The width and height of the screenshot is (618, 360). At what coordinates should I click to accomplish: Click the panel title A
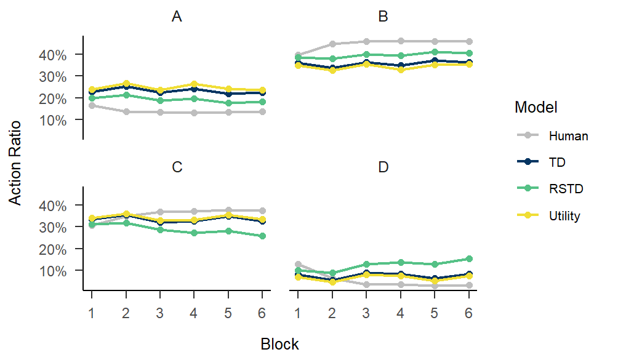coord(177,17)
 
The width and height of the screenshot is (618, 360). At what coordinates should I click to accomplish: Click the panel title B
coord(383,17)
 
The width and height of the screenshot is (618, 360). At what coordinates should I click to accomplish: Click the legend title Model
coord(536,108)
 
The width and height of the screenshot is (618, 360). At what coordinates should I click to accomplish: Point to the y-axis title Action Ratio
coord(15,163)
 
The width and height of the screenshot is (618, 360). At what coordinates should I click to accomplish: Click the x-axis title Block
coord(279,344)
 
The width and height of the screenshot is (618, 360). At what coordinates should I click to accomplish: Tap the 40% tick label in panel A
coord(53,54)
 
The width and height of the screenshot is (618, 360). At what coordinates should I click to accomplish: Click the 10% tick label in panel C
coord(53,270)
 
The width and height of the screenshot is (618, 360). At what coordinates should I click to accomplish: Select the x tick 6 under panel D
coord(468,311)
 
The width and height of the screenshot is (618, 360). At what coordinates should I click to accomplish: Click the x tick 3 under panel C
coord(160,311)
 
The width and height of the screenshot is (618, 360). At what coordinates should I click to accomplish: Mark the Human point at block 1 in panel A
coord(92,105)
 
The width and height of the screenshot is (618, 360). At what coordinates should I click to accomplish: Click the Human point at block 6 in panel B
coord(468,41)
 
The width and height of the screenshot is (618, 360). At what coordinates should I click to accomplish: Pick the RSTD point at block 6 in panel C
coord(262,236)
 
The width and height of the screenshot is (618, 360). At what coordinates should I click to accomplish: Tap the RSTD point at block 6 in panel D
coord(468,259)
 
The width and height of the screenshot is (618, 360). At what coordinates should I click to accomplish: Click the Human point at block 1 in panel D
coord(298,264)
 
